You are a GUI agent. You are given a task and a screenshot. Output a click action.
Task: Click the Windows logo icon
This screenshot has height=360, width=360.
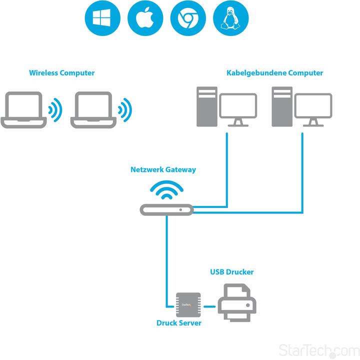point(102,19)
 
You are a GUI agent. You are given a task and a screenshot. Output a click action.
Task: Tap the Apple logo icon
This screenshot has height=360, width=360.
point(145,19)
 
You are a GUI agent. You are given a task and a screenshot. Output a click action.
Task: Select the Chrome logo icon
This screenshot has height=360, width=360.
point(188,19)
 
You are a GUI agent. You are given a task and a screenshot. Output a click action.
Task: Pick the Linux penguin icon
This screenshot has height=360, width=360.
point(231,19)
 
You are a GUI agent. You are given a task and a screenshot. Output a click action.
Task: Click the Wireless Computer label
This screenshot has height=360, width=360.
point(61,73)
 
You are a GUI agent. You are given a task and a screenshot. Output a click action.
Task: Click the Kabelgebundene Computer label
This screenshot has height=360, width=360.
point(274,73)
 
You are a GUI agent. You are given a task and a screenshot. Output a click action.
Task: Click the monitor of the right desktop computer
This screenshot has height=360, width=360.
point(313,108)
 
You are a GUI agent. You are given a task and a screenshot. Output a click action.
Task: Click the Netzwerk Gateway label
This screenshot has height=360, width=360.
point(163,169)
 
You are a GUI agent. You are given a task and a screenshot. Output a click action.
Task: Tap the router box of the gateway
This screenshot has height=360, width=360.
point(166,210)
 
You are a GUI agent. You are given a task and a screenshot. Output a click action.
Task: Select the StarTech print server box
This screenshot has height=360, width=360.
point(188,304)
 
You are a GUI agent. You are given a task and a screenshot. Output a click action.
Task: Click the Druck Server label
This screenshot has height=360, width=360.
point(179,323)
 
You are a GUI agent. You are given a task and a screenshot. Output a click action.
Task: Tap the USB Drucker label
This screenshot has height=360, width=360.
point(231,272)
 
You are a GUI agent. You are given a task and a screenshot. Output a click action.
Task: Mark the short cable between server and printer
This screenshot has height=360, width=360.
point(209,305)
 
